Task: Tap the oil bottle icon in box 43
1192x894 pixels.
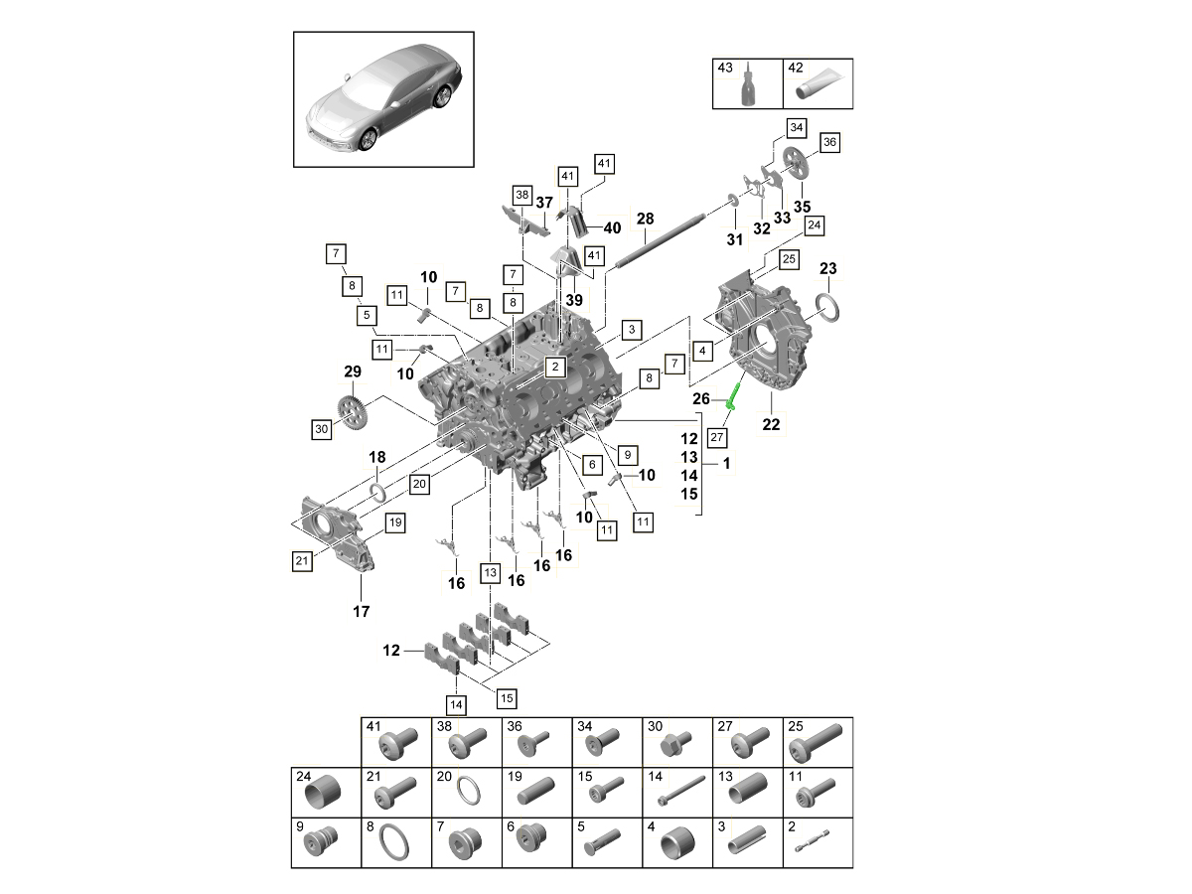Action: [747, 88]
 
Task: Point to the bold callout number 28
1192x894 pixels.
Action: [645, 219]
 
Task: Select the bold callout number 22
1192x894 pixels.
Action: [771, 424]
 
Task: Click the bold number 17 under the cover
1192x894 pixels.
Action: [362, 611]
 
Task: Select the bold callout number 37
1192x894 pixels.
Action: [544, 203]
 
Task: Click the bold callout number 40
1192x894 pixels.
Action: [612, 227]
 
